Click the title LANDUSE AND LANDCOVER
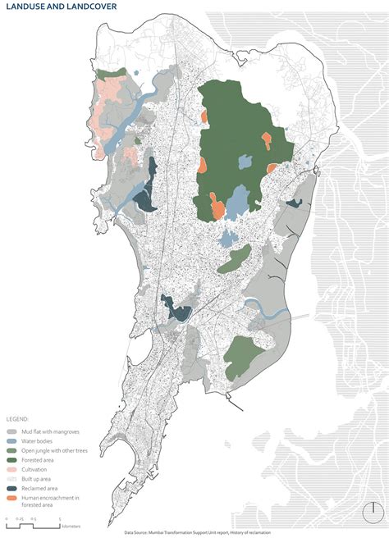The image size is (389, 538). coord(59,7)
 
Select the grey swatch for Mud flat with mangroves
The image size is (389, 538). coord(12,431)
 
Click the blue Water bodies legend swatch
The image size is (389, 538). coord(12,441)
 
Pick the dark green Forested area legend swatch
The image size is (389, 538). coord(12,460)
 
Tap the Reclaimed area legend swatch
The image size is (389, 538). coord(12,489)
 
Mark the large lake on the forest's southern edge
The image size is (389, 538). coord(237,199)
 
